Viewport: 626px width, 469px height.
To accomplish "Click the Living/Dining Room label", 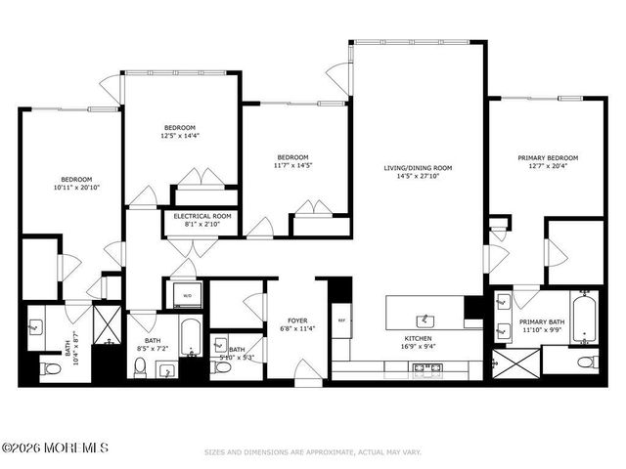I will [418, 168].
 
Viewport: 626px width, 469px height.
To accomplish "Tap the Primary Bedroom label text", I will [548, 157].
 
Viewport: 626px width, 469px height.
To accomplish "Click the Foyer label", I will [297, 320].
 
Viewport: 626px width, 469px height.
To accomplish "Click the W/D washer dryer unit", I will [187, 294].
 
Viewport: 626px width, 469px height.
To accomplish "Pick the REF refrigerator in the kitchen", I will [341, 320].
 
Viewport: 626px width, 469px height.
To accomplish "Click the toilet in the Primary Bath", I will [586, 362].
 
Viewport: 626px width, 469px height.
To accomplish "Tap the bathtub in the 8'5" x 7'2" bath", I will [191, 337].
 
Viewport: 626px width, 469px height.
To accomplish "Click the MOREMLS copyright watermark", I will [55, 448].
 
